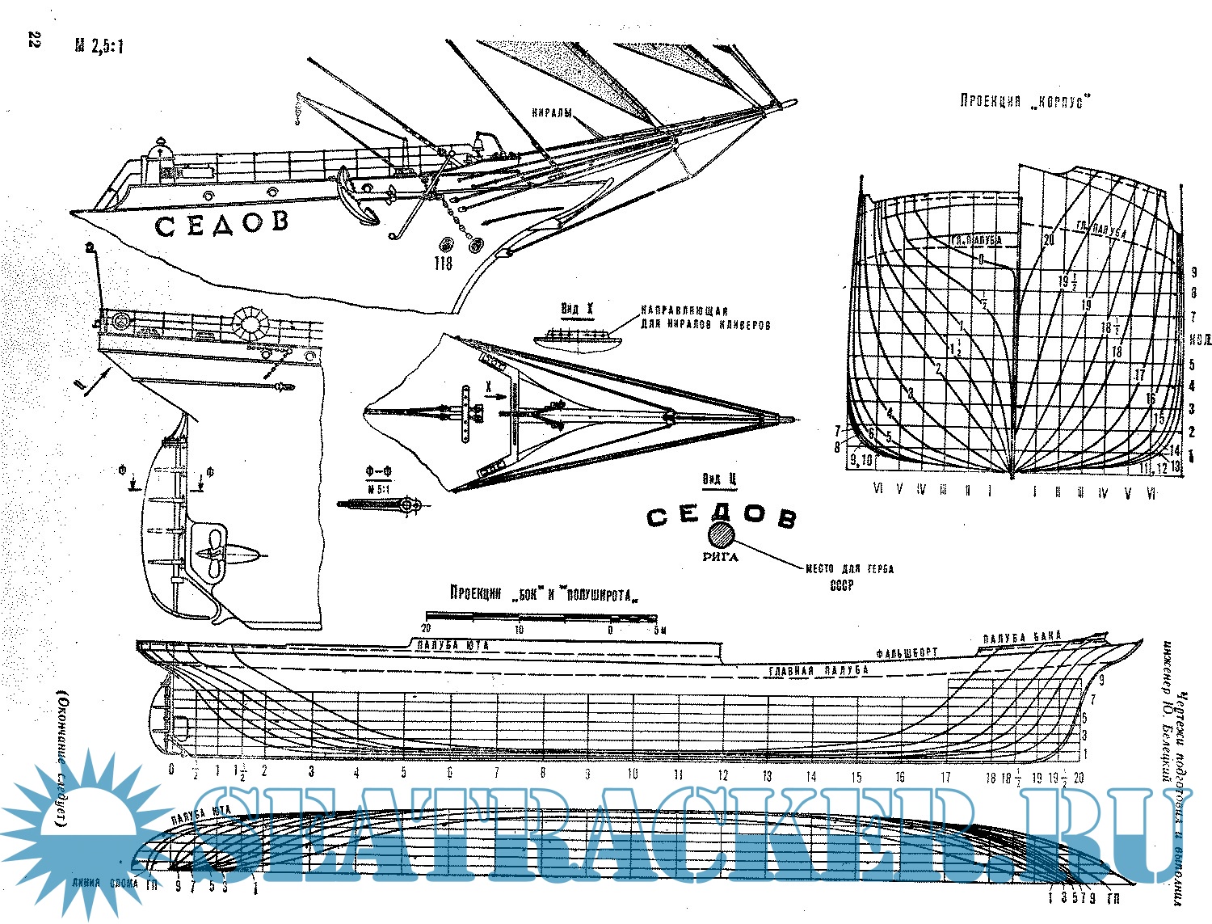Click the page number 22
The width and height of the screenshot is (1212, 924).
(x=33, y=41)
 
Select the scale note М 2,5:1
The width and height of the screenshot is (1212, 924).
(x=99, y=47)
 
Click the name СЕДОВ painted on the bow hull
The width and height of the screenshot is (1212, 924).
(x=221, y=223)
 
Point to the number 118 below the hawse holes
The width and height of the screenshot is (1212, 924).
(x=443, y=264)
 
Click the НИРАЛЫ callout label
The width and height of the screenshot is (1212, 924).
(x=551, y=113)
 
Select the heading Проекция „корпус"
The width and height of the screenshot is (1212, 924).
(x=1025, y=102)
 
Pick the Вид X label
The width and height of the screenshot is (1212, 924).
(x=578, y=309)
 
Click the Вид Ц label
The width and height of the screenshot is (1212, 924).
(x=719, y=479)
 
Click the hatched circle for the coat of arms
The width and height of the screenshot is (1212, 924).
(x=721, y=535)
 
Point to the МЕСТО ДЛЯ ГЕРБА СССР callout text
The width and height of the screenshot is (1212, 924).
(x=849, y=576)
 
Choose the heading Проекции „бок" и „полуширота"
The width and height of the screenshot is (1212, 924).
(x=545, y=593)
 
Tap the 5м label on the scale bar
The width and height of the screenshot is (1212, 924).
(x=658, y=630)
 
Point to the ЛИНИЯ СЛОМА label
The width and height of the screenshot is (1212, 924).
(x=105, y=883)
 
